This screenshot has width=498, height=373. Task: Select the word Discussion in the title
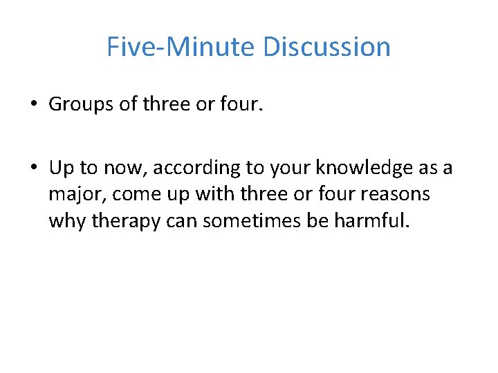click(326, 47)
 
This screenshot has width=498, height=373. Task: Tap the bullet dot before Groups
click(33, 104)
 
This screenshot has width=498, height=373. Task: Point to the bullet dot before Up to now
click(33, 168)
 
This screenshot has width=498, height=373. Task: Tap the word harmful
click(377, 222)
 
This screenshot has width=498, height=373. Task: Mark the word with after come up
click(214, 195)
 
